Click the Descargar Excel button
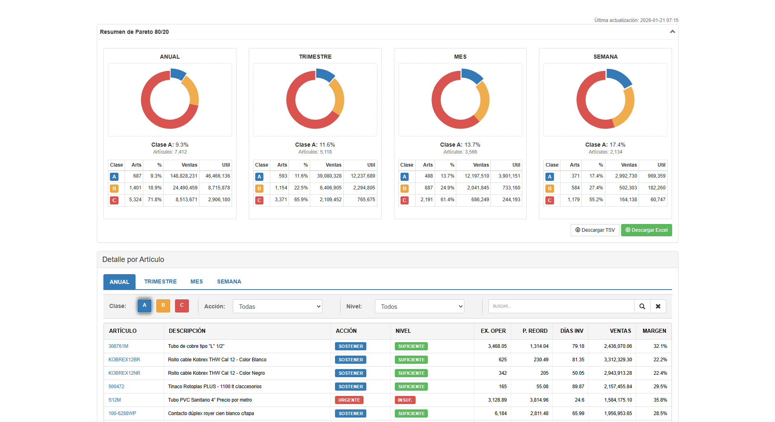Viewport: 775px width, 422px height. (x=646, y=230)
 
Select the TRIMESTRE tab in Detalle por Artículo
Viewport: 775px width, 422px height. (x=160, y=281)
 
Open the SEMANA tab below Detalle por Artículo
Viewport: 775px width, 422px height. (x=229, y=281)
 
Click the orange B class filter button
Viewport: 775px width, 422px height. (x=163, y=306)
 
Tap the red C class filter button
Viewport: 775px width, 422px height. (x=182, y=306)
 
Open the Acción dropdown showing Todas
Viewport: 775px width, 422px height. (x=277, y=306)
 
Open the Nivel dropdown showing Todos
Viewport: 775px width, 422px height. (x=419, y=306)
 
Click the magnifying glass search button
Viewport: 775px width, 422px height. (x=642, y=306)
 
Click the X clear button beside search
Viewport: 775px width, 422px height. (x=658, y=306)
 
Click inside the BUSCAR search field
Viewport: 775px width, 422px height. (x=561, y=306)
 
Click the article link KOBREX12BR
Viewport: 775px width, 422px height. (x=124, y=360)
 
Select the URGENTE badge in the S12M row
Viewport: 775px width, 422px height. (x=349, y=400)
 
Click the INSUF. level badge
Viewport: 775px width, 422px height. (x=405, y=400)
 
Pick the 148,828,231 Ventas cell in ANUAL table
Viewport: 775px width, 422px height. (x=184, y=176)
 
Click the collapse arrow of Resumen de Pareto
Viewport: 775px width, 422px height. (x=672, y=32)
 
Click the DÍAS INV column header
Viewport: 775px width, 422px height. (x=571, y=331)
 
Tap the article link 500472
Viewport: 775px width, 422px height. (x=116, y=387)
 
